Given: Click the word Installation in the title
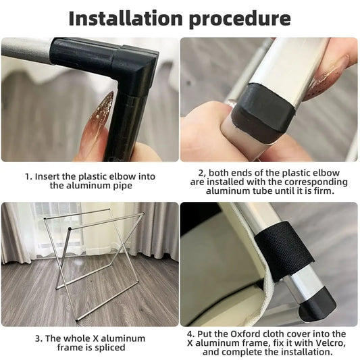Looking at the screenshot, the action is click(x=126, y=18).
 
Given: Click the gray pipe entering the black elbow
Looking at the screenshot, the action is click(x=26, y=51).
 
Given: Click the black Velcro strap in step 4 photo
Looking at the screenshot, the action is click(x=284, y=251).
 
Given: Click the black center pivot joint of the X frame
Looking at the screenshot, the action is click(x=70, y=229).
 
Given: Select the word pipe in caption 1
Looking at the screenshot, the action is click(x=122, y=186).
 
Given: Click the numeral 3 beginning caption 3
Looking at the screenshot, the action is click(x=38, y=338).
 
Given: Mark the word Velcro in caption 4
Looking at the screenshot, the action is click(x=330, y=343).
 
